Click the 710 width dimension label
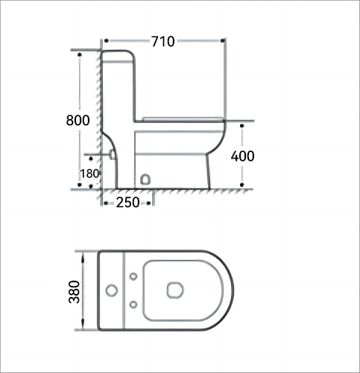[x=163, y=42]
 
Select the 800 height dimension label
[x=78, y=121]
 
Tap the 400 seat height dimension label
[x=242, y=156]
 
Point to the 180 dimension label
[x=89, y=173]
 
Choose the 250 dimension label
[x=127, y=203]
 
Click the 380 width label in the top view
[x=75, y=292]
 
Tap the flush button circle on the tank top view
[x=112, y=290]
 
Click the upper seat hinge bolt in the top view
[x=133, y=276]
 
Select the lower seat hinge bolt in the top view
[x=133, y=305]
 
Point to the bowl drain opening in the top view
[x=175, y=290]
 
